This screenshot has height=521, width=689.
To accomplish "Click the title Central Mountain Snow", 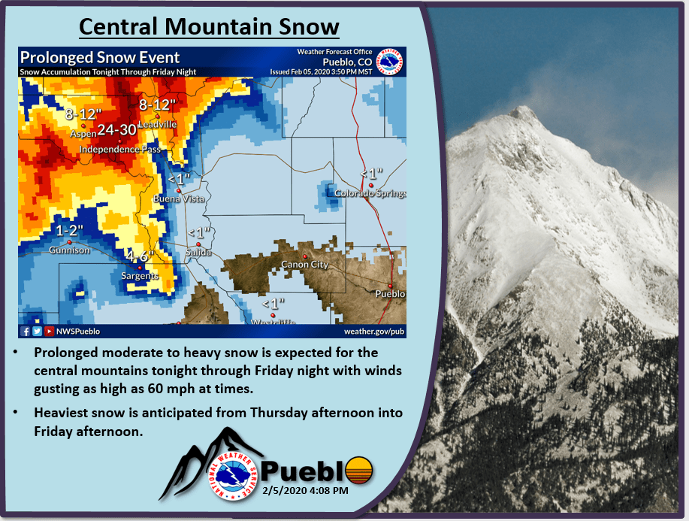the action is [209, 26].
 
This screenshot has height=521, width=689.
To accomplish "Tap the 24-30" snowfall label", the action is [117, 130].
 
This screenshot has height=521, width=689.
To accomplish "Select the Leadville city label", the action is [158, 125].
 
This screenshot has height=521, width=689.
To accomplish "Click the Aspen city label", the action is [83, 133].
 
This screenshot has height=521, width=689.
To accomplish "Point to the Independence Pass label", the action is [120, 150].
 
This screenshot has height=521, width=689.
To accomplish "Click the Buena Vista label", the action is [179, 198].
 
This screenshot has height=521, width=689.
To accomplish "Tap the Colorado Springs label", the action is [370, 193].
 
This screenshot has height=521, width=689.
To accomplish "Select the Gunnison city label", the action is [69, 250].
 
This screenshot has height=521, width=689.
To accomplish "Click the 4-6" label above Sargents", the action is [140, 256].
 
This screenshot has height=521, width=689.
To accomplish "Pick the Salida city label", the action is [198, 253].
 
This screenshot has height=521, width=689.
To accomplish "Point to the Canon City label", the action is [304, 264].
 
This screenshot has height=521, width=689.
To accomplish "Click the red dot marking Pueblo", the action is [390, 286].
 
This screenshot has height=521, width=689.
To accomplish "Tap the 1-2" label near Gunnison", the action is [69, 230].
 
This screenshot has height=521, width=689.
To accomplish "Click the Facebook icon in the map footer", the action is [25, 331].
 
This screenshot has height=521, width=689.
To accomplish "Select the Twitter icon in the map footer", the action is [37, 331].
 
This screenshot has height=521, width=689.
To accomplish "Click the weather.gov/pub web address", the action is [374, 331].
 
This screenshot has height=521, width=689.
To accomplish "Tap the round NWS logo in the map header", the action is [390, 62].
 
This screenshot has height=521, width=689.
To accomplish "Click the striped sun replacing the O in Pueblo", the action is [359, 471].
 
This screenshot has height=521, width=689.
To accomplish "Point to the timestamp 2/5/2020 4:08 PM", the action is [305, 490].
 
